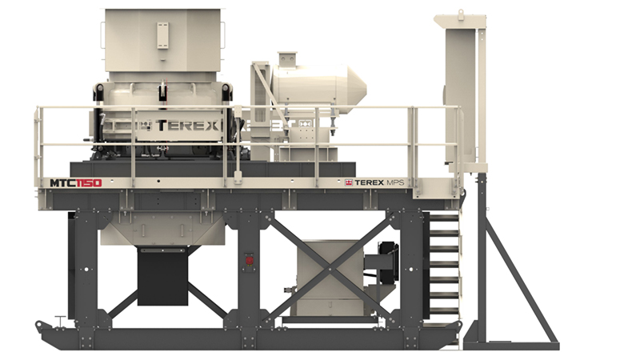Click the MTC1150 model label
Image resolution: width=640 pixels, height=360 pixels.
pyautogui.click(x=75, y=183)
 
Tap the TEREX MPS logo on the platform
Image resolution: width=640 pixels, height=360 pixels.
pyautogui.click(x=374, y=182)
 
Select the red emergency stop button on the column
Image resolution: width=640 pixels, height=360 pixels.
pyautogui.click(x=249, y=259)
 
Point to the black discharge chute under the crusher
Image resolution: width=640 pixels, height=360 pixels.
pyautogui.click(x=163, y=275)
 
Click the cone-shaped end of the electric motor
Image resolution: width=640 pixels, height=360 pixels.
pyautogui.click(x=357, y=89)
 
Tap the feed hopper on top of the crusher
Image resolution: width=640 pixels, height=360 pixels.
pyautogui.click(x=163, y=40)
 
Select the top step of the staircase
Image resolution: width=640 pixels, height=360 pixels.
pyautogui.click(x=444, y=218)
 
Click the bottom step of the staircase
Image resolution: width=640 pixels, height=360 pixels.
pyautogui.click(x=443, y=311)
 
